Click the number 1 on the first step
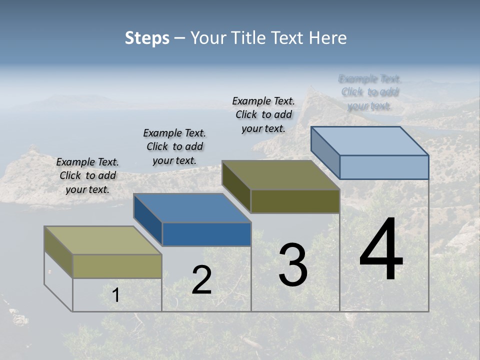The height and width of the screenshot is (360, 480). click(115, 295)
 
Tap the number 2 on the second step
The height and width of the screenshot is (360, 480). click(201, 280)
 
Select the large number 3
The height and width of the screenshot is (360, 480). click(293, 265)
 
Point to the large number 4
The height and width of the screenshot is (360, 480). click(381, 250)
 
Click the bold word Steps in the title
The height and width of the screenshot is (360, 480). click(147, 37)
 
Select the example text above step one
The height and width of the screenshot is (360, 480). click(87, 175)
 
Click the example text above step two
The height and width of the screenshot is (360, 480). click(174, 146)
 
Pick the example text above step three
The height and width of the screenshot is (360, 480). click(263, 114)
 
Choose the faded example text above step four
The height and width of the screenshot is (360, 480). click(370, 92)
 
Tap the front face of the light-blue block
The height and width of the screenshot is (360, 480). click(384, 167)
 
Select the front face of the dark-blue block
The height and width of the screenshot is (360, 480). click(206, 234)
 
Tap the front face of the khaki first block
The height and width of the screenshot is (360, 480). click(117, 266)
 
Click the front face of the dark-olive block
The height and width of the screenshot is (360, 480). click(295, 201)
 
